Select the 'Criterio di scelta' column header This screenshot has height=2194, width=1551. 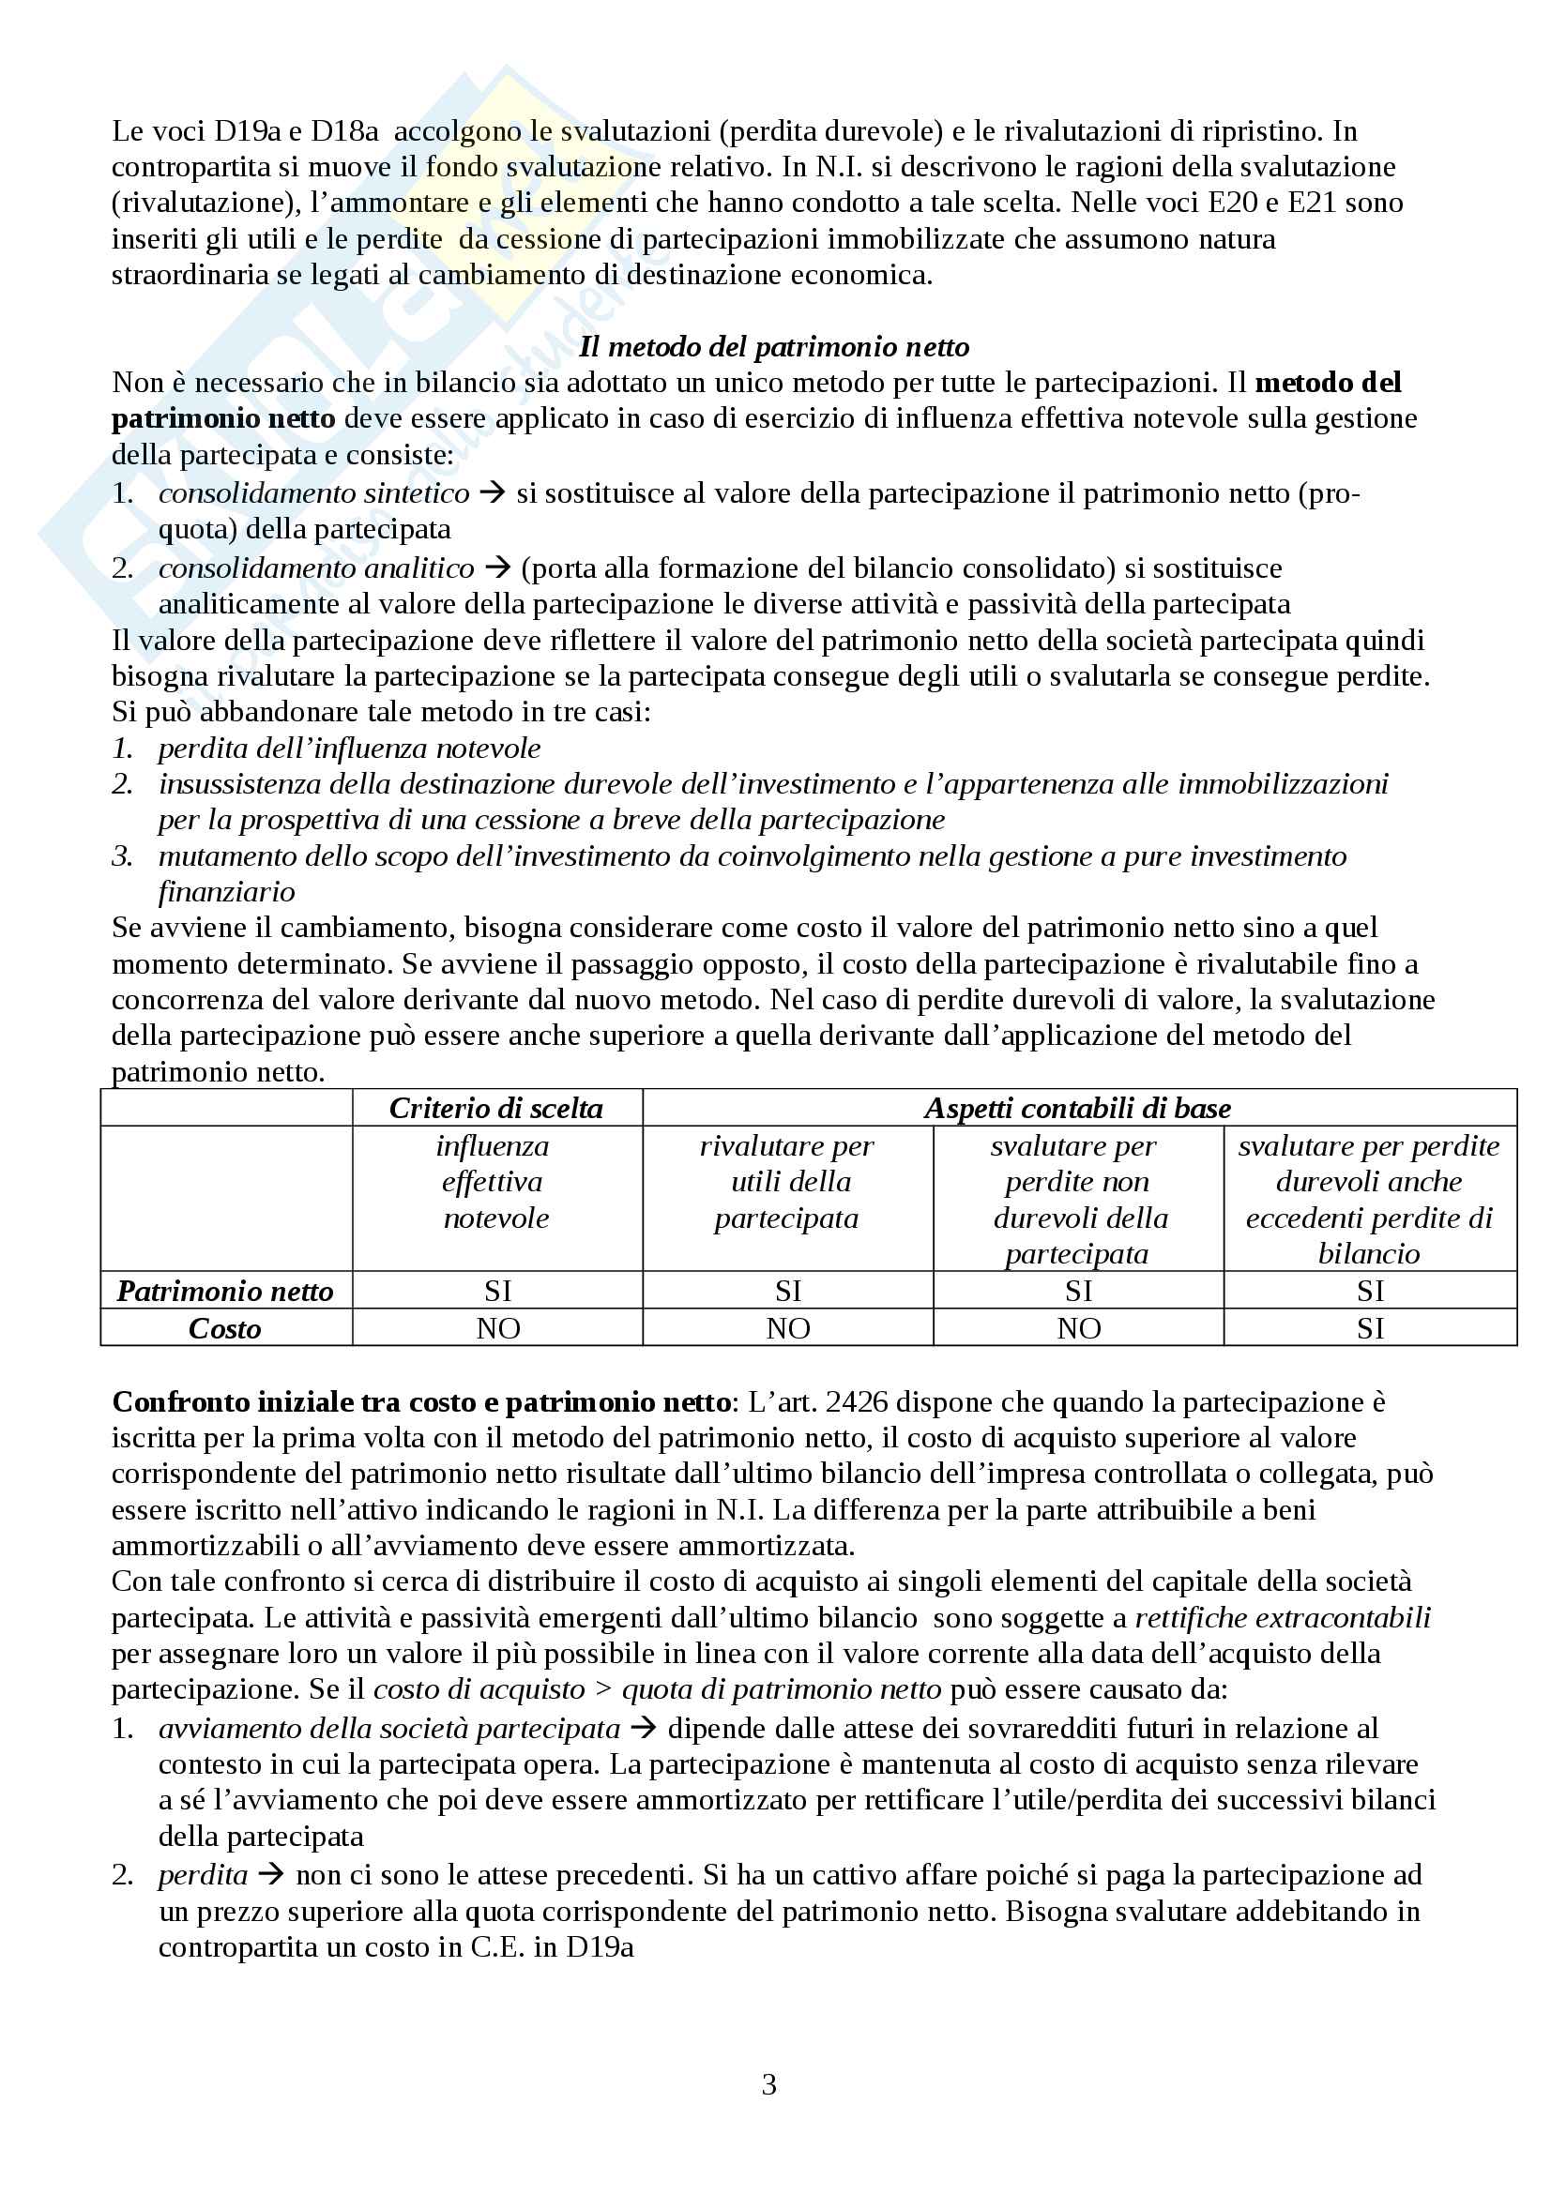496,1109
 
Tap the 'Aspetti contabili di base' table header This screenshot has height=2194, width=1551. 1077,1109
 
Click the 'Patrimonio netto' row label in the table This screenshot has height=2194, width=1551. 224,1291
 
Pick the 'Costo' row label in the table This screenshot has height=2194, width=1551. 224,1328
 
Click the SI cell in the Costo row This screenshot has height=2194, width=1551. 1369,1328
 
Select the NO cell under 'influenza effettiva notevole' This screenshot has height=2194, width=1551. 498,1328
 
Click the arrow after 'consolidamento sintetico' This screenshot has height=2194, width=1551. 493,493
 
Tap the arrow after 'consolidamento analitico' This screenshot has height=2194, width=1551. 497,568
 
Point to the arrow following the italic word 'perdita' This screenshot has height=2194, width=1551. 271,1875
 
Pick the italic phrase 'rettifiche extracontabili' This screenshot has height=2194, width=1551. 1283,1618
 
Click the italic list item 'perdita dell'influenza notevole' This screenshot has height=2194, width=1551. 349,749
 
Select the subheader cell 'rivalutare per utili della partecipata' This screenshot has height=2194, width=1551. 786,1182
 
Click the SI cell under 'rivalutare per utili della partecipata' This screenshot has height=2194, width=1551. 788,1291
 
